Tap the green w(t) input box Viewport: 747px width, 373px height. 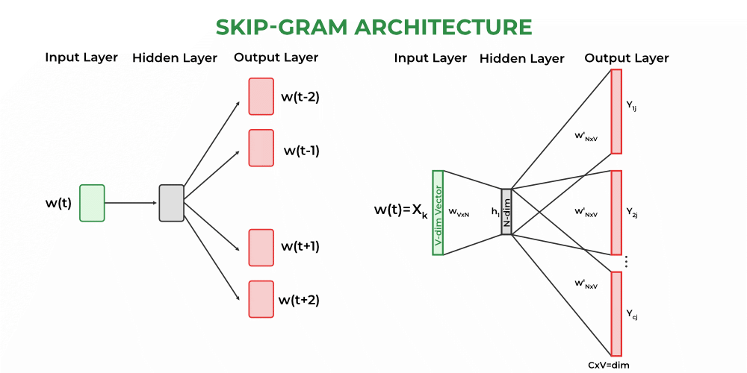92,203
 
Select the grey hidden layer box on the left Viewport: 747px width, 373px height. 171,203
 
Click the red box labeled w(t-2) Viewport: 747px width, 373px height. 261,97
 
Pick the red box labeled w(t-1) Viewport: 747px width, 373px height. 261,148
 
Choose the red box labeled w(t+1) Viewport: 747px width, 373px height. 261,248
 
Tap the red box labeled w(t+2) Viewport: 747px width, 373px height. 261,299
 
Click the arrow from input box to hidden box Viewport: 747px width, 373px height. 131,203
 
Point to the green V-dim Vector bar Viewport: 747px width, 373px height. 438,213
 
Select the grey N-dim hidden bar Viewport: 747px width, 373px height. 506,212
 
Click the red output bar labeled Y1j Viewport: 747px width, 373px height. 616,111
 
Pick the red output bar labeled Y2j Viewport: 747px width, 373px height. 616,213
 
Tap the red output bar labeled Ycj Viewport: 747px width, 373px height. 616,313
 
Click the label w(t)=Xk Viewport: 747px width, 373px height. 400,210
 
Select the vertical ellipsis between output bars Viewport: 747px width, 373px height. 625,262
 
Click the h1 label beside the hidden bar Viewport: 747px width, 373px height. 495,212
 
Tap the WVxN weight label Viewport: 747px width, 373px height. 458,213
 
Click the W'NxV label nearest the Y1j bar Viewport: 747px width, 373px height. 585,137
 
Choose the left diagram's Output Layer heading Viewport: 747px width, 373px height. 276,57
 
